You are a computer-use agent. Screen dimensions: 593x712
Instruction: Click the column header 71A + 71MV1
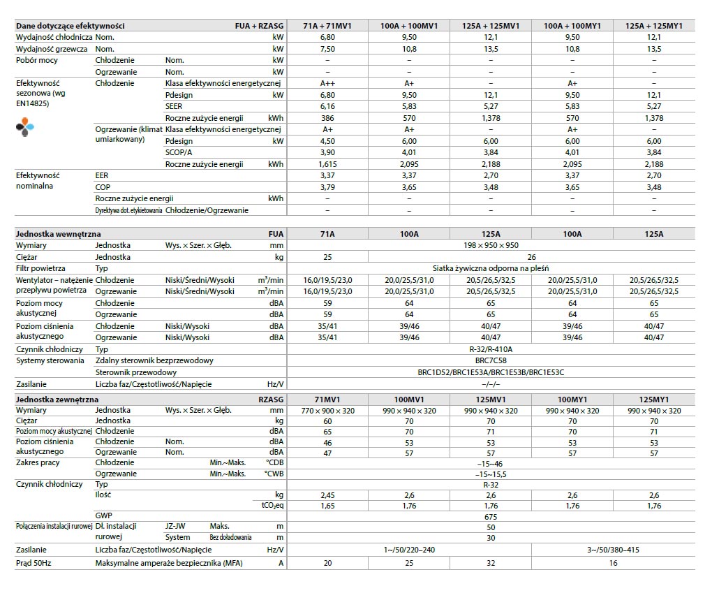[x=327, y=26]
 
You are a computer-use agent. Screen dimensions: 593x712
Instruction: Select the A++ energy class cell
[x=327, y=83]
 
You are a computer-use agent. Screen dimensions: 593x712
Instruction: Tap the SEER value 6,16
[x=327, y=106]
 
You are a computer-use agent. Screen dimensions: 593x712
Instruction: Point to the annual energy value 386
[x=327, y=118]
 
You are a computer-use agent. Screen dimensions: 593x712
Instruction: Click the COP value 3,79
[x=327, y=187]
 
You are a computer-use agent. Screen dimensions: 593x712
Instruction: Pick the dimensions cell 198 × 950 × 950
[x=491, y=246]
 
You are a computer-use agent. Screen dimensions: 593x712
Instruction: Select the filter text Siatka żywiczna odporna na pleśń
[x=491, y=268]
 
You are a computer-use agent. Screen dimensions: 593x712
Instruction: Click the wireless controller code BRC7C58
[x=491, y=360]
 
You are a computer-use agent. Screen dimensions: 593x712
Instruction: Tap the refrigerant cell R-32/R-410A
[x=491, y=349]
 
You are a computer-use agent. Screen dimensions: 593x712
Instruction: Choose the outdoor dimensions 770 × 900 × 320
[x=327, y=411]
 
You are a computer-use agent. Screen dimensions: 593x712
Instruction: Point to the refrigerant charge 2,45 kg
[x=327, y=495]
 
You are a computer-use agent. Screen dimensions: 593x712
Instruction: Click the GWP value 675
[x=491, y=517]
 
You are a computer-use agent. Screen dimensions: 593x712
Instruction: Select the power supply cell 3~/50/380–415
[x=613, y=550]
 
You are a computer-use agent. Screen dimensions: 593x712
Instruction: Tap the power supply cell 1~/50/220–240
[x=409, y=550]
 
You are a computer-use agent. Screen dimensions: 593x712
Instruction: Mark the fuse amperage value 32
[x=491, y=563]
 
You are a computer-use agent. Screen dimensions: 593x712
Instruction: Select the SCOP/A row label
[x=180, y=152]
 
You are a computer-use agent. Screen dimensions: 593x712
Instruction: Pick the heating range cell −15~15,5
[x=491, y=474]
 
